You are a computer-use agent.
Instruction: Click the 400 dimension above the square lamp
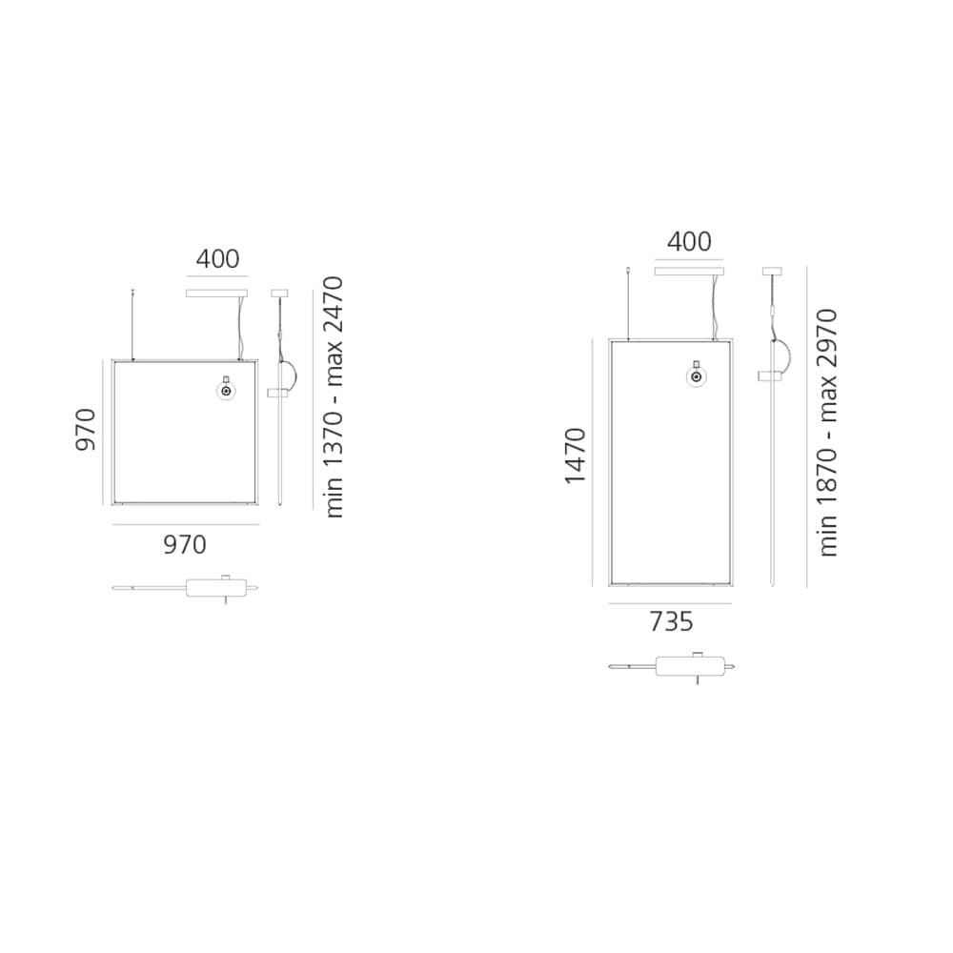217,259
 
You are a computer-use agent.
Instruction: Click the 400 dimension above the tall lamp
689,242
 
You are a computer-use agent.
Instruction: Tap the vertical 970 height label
86,430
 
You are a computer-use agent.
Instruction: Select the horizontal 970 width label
185,544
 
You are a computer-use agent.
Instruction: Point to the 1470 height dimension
575,456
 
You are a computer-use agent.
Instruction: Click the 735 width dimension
671,621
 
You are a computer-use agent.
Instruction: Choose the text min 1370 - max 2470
334,397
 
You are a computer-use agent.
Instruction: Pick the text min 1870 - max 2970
828,433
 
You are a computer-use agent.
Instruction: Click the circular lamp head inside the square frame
227,391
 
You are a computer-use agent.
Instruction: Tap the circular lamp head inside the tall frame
697,376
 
